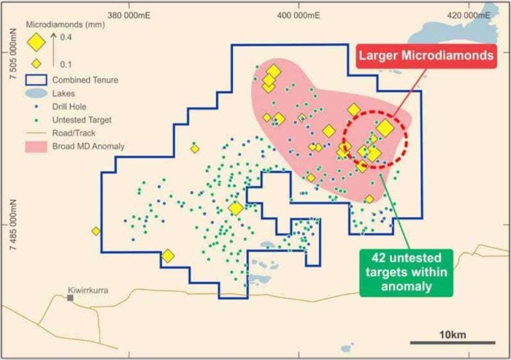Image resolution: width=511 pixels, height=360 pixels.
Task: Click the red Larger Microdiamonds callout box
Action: tap(424, 55)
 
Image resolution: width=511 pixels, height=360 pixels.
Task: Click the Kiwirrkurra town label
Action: tap(88, 290)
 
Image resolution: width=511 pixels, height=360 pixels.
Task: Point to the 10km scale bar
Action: tap(449, 342)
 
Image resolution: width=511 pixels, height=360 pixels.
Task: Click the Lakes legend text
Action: tap(64, 93)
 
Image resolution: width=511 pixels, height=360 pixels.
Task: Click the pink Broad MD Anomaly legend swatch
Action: tap(36, 146)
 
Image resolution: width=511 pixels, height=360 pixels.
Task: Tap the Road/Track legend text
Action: tap(74, 133)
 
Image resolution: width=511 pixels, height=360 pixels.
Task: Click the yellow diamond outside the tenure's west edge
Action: tap(96, 231)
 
